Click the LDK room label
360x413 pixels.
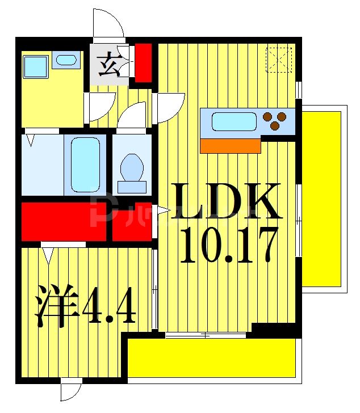tap(227, 201)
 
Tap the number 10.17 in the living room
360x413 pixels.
tap(228, 245)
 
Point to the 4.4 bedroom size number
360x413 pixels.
tap(108, 307)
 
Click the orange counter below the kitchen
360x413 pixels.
tap(231, 146)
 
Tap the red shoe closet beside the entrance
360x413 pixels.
tap(143, 62)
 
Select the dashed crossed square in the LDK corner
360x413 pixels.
tap(279, 60)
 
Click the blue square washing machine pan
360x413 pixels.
tap(35, 67)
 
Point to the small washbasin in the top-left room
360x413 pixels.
tap(66, 60)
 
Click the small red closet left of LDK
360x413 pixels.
tap(131, 221)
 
